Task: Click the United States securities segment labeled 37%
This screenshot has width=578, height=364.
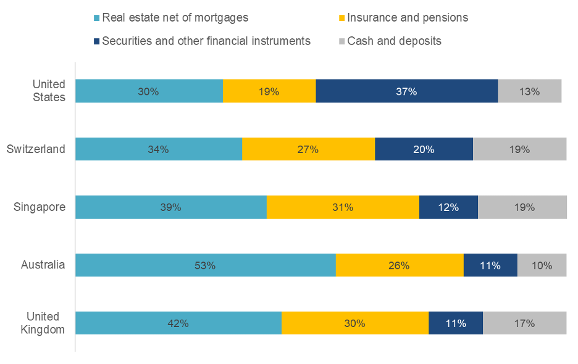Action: pos(406,91)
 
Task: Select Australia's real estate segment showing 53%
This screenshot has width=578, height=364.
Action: pos(205,265)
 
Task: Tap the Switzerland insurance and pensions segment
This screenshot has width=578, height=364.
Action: pos(308,149)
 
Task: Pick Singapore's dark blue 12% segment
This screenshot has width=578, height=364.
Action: pos(448,207)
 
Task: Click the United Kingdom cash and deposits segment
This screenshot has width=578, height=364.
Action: pos(524,323)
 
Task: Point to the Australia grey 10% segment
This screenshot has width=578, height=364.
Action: pos(542,265)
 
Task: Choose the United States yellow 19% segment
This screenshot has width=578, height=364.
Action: pos(269,91)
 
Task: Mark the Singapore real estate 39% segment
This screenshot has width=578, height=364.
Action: pos(170,207)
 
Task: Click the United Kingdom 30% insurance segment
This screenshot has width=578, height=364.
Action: pos(355,323)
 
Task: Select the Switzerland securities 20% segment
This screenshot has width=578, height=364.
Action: pos(424,149)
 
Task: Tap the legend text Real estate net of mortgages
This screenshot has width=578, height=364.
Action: pos(175,18)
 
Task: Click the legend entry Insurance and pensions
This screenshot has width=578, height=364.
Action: pos(408,18)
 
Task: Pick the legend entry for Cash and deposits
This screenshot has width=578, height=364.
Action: pos(394,41)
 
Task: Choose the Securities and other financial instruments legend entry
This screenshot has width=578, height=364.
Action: pos(206,41)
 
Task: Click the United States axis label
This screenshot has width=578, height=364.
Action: pos(49,91)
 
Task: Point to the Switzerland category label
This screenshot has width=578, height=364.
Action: pos(36,149)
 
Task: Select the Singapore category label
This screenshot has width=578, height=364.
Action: pos(40,207)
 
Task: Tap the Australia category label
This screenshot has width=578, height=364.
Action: pos(43,265)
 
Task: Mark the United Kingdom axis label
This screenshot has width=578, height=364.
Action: pos(43,323)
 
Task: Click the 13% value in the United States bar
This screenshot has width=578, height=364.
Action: pos(529,91)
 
